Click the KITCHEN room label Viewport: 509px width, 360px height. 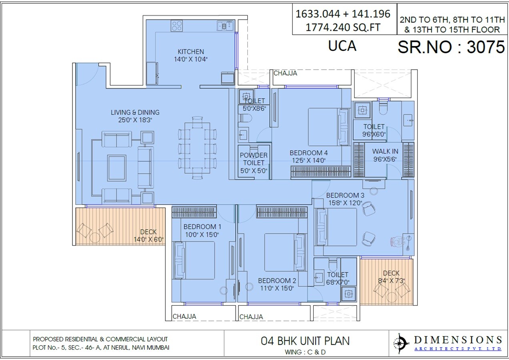tap(190, 52)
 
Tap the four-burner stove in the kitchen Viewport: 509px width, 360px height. tap(177, 26)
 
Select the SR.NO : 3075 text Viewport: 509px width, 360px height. tap(451, 47)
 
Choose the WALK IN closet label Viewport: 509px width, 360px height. tap(385, 152)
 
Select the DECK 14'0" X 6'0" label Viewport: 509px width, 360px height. tap(148, 236)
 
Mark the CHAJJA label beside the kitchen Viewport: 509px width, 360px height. tap(286, 73)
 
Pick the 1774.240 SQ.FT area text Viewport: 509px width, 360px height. tap(343, 28)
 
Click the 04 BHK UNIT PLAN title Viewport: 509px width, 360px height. tap(305, 341)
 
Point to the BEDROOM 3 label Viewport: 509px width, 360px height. tap(345, 195)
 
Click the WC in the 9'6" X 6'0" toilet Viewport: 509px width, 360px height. tap(383, 109)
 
